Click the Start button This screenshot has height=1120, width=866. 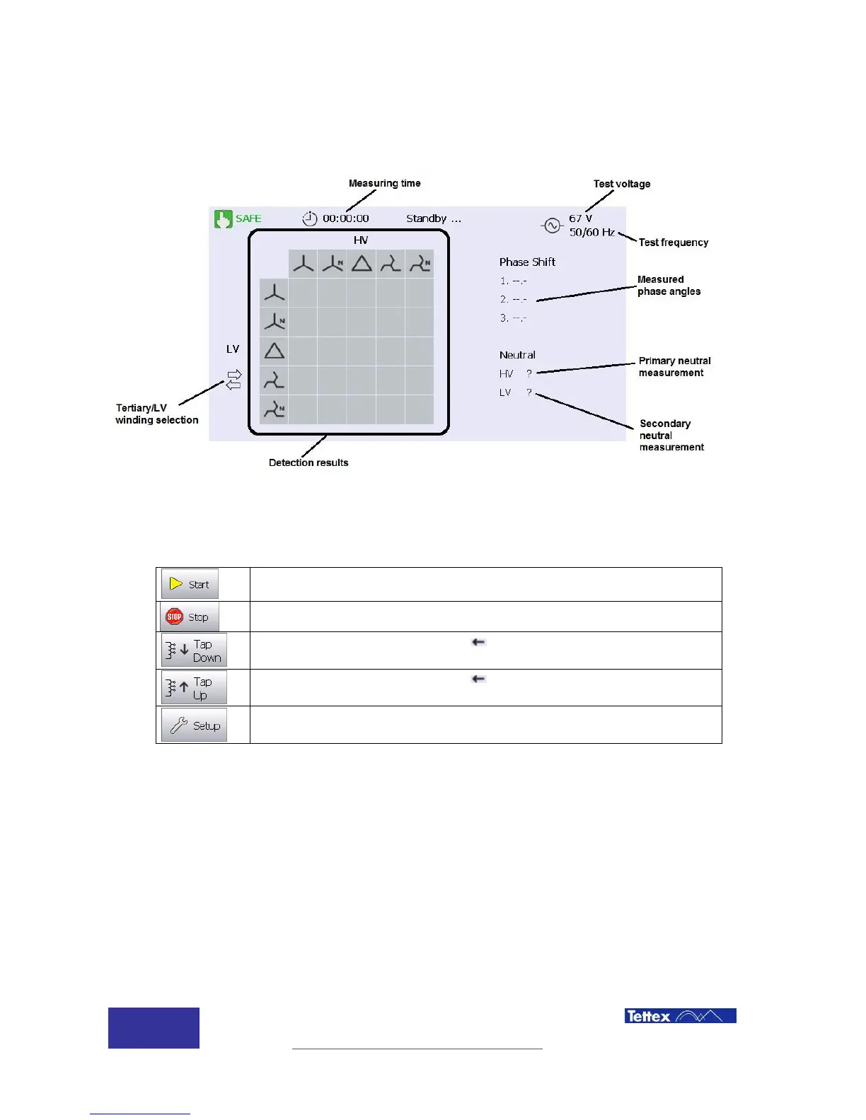190,584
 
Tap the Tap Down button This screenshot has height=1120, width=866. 194,651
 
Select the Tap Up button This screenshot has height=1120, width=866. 194,688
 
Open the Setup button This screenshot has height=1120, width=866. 194,725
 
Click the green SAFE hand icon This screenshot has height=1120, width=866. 224,219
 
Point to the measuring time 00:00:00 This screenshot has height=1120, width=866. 346,218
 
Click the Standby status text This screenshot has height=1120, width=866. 434,218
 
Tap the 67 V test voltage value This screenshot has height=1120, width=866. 580,218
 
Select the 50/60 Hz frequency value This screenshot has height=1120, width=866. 591,232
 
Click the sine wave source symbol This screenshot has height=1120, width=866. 552,226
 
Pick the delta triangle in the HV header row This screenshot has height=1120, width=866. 362,264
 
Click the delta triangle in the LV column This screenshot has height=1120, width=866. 275,351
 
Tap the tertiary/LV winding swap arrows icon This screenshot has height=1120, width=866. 233,380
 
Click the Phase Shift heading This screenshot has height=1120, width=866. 527,262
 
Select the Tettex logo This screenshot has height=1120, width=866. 680,1016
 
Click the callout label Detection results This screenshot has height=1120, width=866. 308,462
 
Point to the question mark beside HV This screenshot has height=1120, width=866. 529,373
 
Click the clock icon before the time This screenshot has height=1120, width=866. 310,218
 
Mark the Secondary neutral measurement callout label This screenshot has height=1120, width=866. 671,435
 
